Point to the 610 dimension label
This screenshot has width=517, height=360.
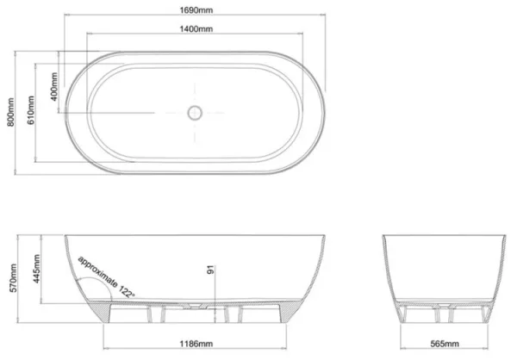coord(32,112)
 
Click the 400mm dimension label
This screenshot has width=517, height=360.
coord(54,82)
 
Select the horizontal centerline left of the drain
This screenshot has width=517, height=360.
coord(129,112)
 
